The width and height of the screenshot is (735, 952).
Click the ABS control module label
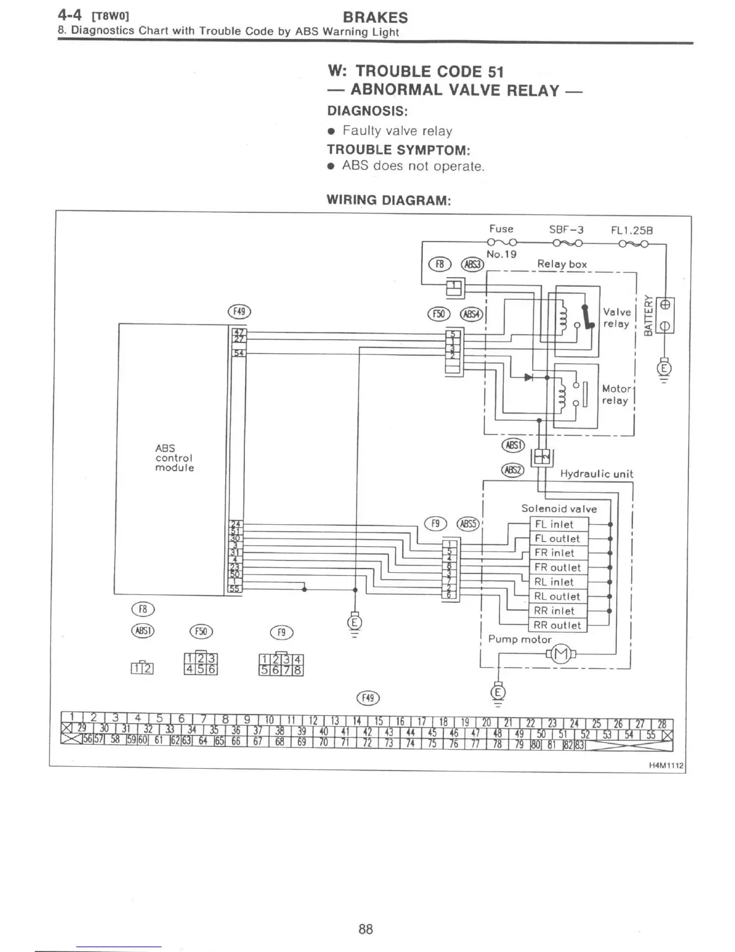(x=174, y=458)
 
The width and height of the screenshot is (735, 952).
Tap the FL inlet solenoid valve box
(x=558, y=524)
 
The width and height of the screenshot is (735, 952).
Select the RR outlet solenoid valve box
(x=558, y=625)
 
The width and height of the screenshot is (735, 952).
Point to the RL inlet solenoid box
(x=558, y=582)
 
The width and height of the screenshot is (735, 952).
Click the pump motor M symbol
(x=560, y=654)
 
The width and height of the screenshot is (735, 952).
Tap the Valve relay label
(x=617, y=318)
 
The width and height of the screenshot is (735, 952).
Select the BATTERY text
(x=648, y=316)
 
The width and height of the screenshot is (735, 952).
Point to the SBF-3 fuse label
(x=566, y=230)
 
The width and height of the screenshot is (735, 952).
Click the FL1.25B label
(x=632, y=230)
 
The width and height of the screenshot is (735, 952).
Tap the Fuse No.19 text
(x=501, y=254)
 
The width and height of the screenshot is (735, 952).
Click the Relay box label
(x=562, y=264)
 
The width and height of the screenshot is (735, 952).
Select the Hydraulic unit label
(x=596, y=474)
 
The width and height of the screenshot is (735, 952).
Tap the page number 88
(x=366, y=929)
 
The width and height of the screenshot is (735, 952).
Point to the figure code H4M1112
(x=667, y=766)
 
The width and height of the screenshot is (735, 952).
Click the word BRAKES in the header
(x=375, y=17)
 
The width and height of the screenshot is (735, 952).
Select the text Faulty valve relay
(x=397, y=131)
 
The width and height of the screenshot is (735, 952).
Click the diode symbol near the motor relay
(x=528, y=377)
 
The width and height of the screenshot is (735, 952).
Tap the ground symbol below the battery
(x=664, y=368)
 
